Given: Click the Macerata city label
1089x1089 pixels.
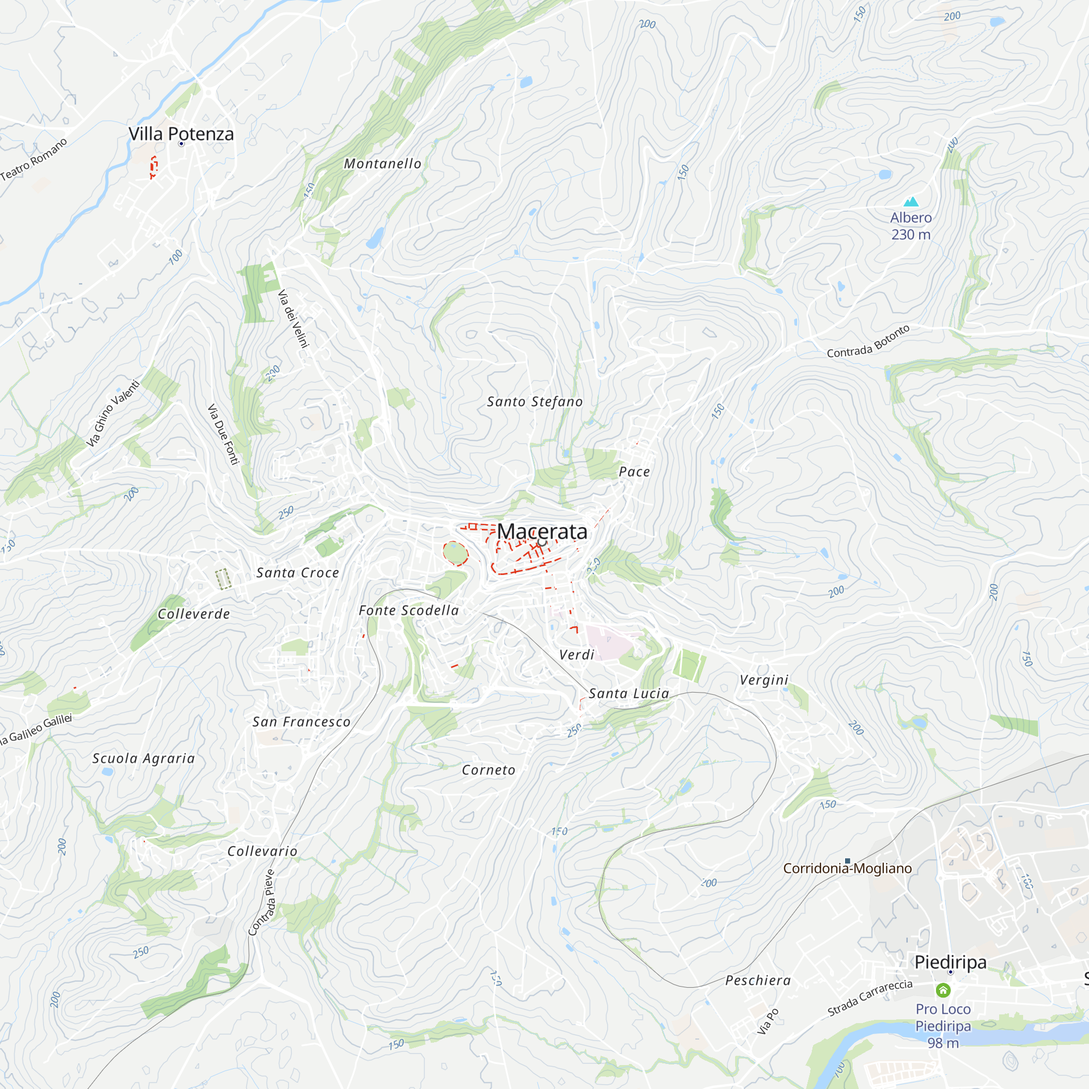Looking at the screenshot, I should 542,531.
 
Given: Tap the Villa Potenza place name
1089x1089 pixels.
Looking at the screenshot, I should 181,134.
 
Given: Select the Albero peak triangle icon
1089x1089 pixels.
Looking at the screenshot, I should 911,202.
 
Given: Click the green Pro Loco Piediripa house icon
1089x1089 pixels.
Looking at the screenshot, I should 943,990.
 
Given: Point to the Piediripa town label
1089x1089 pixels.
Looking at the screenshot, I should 950,962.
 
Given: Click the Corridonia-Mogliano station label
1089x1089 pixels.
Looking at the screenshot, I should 847,868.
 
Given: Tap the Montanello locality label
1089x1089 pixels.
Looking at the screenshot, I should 383,164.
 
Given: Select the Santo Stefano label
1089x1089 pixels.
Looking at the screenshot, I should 535,402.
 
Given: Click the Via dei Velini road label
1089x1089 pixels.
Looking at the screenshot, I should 293,319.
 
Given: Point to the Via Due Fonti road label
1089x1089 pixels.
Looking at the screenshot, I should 223,434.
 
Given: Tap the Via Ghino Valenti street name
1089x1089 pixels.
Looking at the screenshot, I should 113,414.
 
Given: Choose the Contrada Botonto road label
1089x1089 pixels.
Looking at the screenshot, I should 868,341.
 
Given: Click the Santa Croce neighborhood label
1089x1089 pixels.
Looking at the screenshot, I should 298,573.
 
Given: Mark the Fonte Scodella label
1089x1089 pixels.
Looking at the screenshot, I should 409,610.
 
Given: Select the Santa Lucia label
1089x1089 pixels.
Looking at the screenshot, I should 629,694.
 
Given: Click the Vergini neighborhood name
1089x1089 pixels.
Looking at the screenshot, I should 764,680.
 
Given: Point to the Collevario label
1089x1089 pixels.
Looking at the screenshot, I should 262,852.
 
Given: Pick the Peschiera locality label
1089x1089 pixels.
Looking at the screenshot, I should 758,981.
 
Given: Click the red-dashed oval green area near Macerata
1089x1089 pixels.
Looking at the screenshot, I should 455,553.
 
